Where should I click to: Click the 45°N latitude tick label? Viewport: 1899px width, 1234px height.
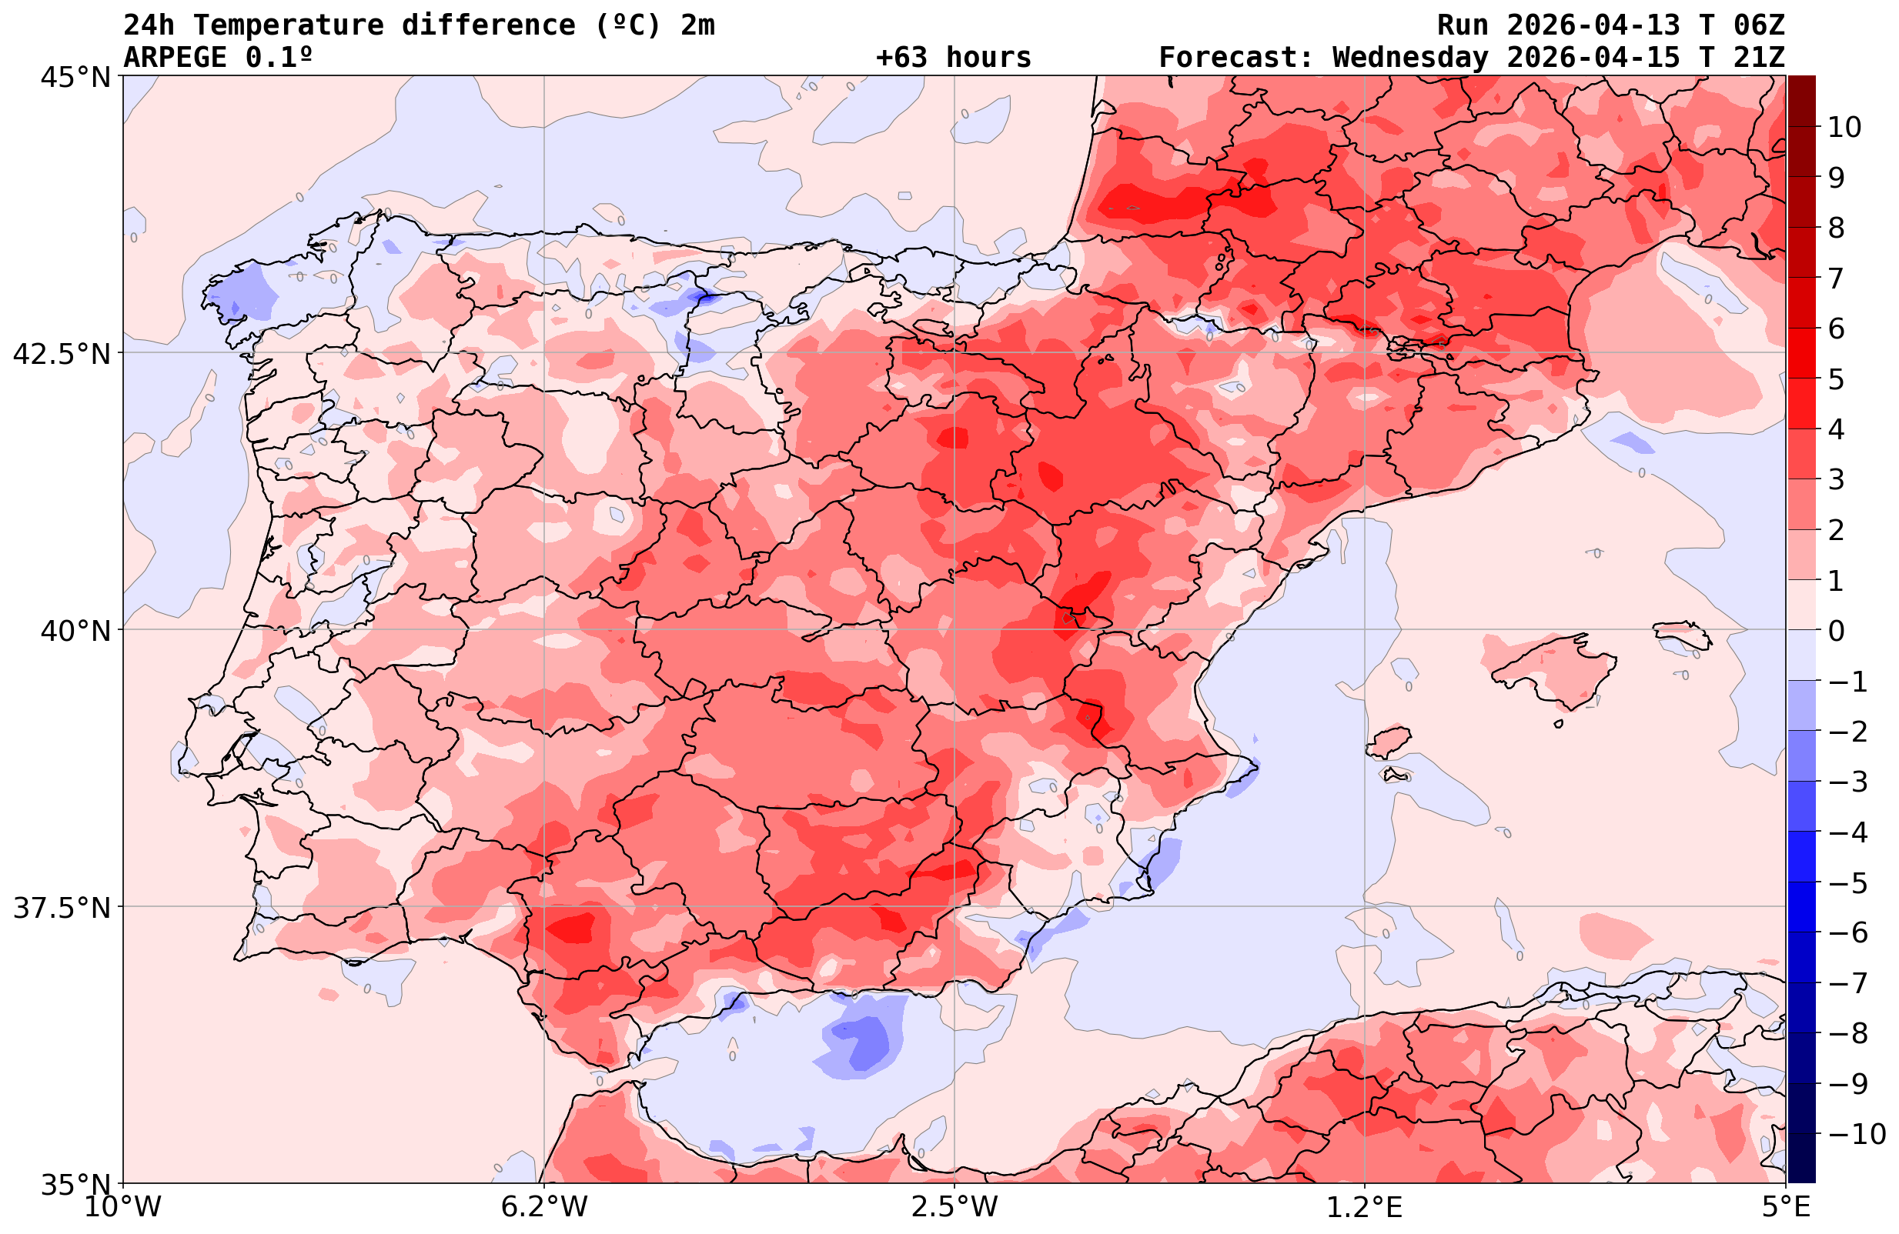point(74,78)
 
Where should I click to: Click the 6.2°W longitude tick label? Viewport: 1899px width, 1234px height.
point(544,1207)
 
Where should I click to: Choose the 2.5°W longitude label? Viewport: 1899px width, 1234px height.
point(955,1207)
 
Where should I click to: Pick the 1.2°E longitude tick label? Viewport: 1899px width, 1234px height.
point(1365,1207)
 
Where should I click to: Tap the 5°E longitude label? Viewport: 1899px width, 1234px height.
point(1785,1207)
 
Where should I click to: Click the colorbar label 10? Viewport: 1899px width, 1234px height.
point(1844,127)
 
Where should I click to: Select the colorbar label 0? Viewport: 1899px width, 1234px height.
point(1836,631)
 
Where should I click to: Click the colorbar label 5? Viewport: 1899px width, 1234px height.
point(1836,380)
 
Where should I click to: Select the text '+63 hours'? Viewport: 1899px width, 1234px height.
point(954,58)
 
